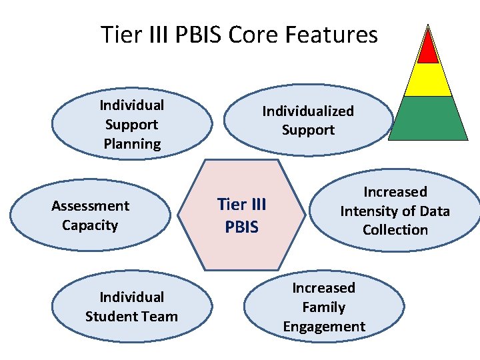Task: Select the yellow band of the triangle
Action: click(429, 80)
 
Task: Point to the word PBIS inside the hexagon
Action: click(241, 227)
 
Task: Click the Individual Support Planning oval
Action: click(132, 124)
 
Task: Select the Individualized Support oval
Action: click(307, 120)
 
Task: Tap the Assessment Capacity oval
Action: click(90, 215)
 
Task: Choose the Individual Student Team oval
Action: click(131, 307)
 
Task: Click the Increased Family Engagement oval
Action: click(324, 307)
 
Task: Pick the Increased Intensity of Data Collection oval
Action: click(395, 211)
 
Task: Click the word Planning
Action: click(132, 143)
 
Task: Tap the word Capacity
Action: click(90, 225)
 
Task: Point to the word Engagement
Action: click(324, 326)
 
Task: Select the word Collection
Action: click(395, 229)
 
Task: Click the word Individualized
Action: click(307, 111)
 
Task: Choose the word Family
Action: click(324, 307)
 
